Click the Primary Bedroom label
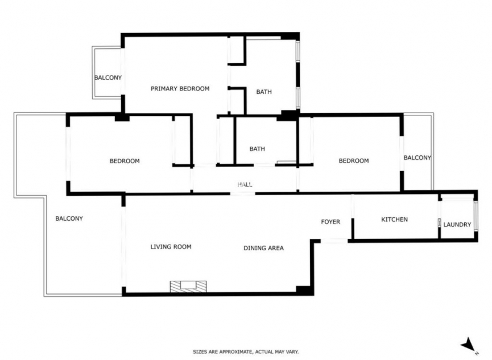coord(180,89)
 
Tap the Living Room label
coord(171,247)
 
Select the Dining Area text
coord(263,249)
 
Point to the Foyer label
coord(330,222)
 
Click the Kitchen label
coord(394,220)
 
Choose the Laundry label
coord(457,225)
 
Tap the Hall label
coord(245,184)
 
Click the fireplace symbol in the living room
coord(188,287)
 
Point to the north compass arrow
coord(468,345)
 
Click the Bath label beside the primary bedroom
coord(264,92)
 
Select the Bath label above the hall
coord(257,149)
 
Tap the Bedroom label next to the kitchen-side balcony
coord(354,161)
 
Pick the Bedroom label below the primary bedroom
coord(125,161)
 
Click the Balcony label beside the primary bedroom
coord(108,77)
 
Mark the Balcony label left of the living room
coord(69,218)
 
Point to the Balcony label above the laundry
coord(417,158)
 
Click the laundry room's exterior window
coord(476,216)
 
